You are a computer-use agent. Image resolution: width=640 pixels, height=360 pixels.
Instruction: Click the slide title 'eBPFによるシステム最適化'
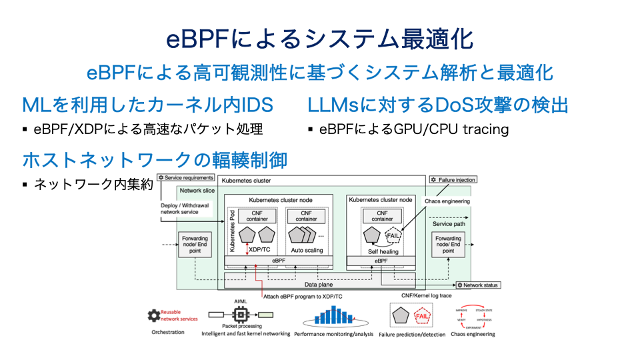319,39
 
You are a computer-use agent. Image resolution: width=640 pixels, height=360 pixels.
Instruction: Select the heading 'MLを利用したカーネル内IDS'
156,105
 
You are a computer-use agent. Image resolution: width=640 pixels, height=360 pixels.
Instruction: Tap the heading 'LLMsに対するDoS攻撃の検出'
438,105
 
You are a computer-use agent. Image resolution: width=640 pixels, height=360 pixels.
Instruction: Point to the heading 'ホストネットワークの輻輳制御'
155,160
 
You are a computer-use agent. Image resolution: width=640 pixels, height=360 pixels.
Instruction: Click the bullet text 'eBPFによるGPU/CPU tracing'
413,129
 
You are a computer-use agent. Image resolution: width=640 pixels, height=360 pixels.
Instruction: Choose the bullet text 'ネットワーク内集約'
93,184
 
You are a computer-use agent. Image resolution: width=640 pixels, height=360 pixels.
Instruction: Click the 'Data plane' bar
319,284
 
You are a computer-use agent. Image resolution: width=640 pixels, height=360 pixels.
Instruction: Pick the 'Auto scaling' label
306,251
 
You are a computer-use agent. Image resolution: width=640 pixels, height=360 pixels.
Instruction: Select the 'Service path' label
448,224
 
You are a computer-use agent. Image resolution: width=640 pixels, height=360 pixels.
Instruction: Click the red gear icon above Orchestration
155,315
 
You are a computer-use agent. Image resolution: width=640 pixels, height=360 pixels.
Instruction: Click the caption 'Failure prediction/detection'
413,333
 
